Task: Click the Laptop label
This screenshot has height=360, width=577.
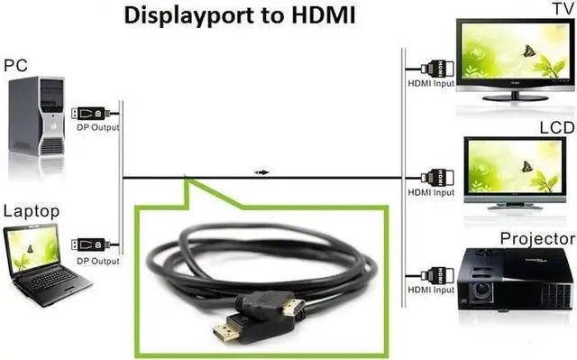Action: pos(32,211)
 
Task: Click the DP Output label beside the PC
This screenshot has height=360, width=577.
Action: pos(97,127)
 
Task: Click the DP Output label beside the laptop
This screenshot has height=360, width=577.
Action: pos(97,261)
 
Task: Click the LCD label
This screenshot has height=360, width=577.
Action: pos(556,128)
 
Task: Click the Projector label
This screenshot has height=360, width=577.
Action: pos(537,238)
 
